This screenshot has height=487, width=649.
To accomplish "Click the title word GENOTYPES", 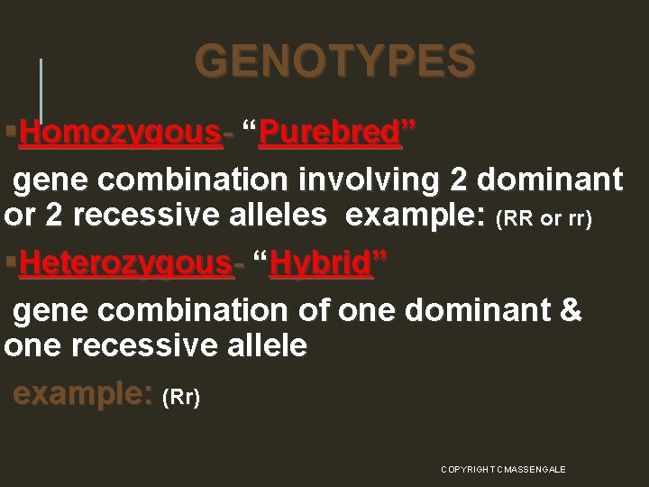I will pos(334,61).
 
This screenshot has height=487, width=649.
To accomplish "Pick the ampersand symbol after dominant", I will pos(571,310).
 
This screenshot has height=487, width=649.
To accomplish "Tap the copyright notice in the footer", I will pos(503,470).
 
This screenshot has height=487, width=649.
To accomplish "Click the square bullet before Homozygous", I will pos(9,133).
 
